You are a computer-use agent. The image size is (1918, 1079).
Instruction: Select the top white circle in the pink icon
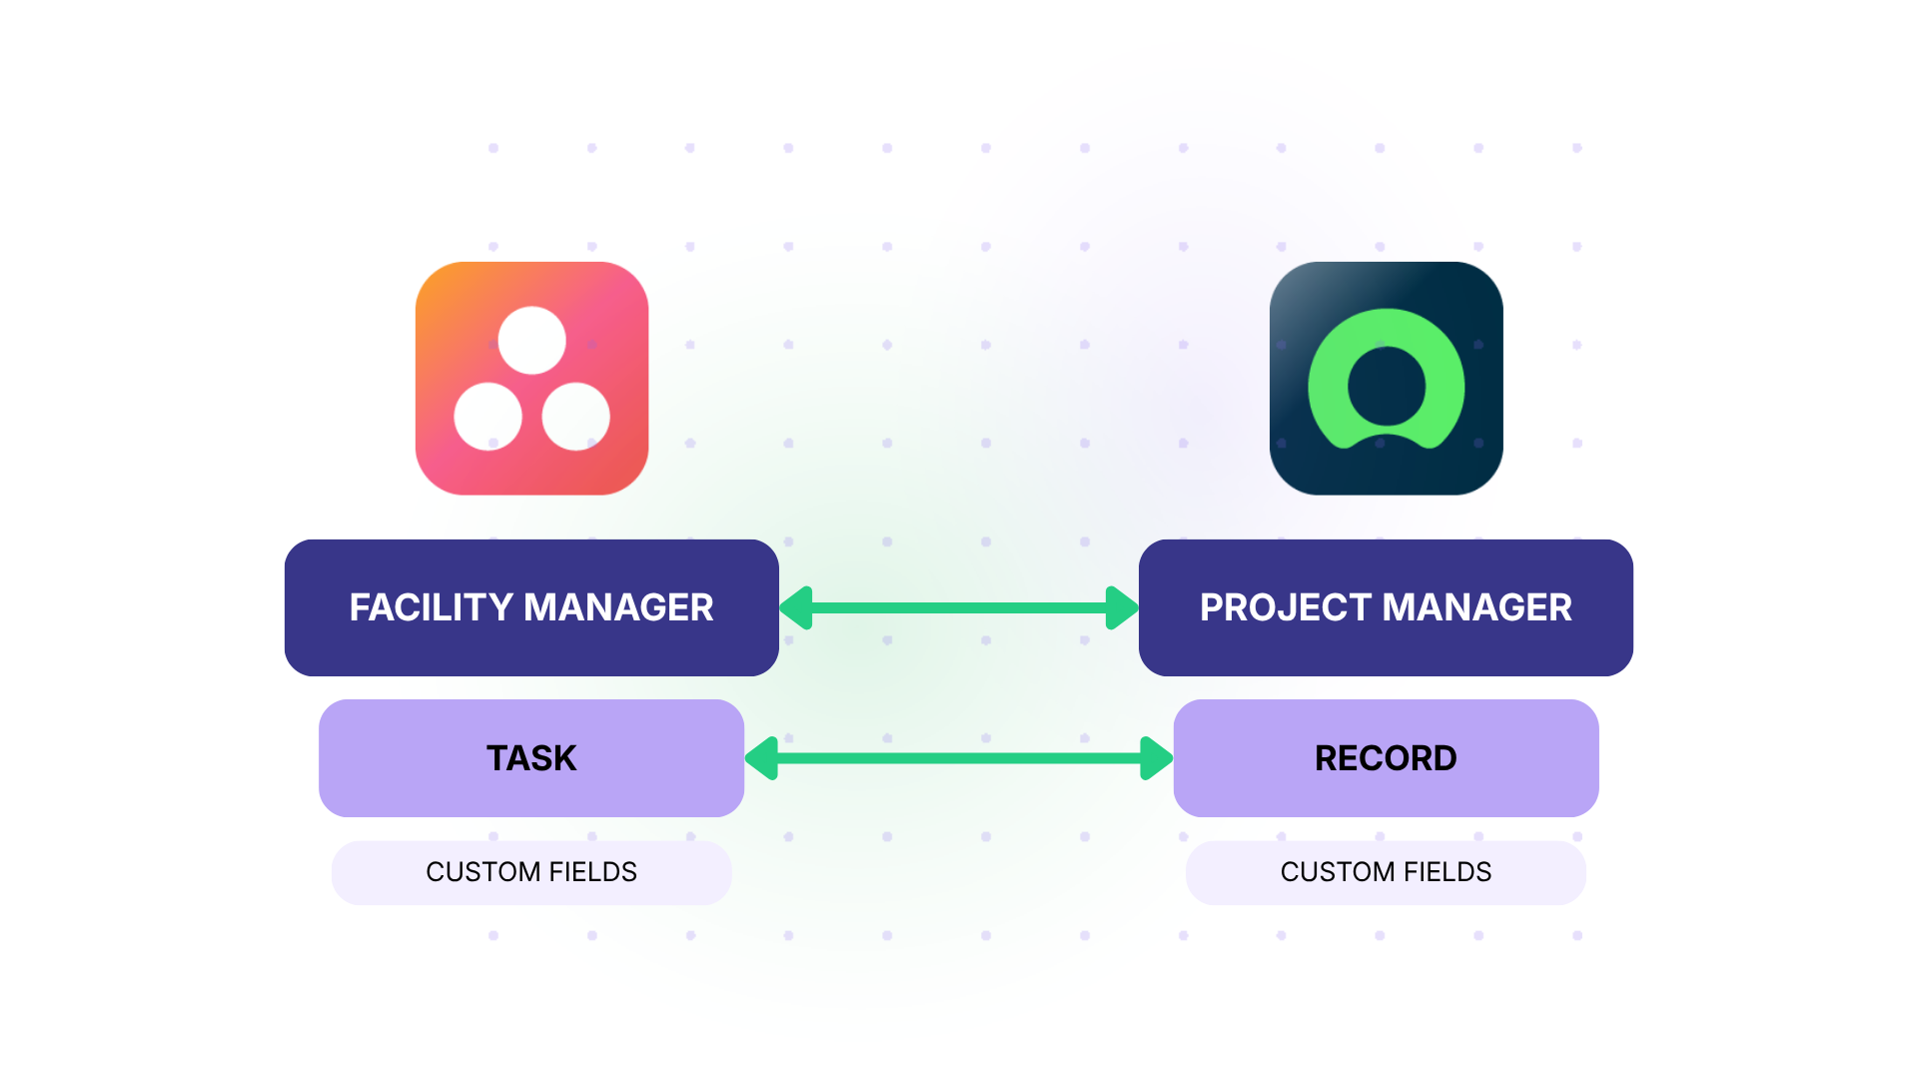pyautogui.click(x=531, y=341)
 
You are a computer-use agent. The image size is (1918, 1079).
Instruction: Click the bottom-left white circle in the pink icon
pyautogui.click(x=488, y=417)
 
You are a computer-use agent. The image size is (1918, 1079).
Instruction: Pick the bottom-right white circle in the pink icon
pyautogui.click(x=575, y=417)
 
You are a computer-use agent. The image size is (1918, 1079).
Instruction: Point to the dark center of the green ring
pyautogui.click(x=1386, y=386)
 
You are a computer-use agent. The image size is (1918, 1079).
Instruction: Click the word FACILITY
pyautogui.click(x=431, y=607)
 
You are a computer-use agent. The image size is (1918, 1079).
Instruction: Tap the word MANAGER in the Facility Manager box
pyautogui.click(x=618, y=607)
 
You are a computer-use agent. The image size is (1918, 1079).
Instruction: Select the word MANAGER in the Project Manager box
pyautogui.click(x=1477, y=607)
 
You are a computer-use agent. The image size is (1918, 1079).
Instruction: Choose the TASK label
pyautogui.click(x=531, y=758)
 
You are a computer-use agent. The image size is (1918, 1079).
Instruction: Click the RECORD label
pyautogui.click(x=1386, y=758)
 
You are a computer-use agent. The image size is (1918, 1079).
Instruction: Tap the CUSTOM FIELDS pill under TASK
pyautogui.click(x=531, y=872)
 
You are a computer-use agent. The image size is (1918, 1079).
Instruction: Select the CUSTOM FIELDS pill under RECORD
pyautogui.click(x=1386, y=872)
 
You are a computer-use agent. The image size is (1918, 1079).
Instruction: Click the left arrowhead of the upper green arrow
pyautogui.click(x=797, y=607)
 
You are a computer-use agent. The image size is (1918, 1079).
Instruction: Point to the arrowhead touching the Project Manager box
pyautogui.click(x=1122, y=607)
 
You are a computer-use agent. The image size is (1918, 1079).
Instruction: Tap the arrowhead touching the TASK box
pyautogui.click(x=762, y=758)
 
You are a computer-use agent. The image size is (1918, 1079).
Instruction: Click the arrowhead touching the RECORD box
pyautogui.click(x=1156, y=758)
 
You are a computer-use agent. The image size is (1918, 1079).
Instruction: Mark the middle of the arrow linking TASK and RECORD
pyautogui.click(x=959, y=758)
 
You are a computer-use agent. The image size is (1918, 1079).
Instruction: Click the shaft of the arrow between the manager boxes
pyautogui.click(x=959, y=607)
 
